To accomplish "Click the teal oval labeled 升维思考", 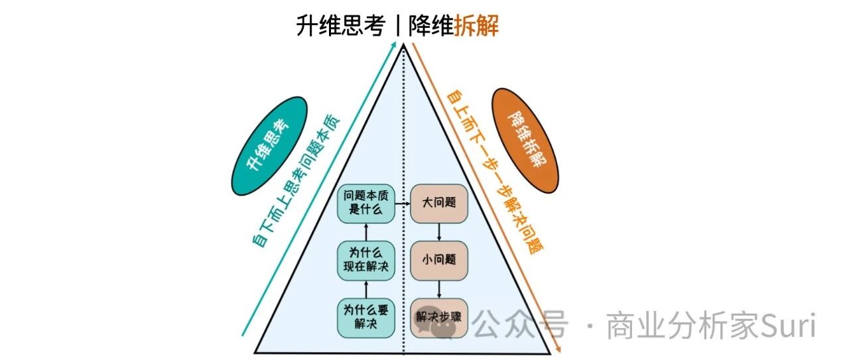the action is pos(269,146).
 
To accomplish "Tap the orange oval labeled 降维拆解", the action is pos(525,141).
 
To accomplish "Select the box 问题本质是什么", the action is pos(365,204).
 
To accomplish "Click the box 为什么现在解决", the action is pos(365,261).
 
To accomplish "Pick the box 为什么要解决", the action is pos(365,318).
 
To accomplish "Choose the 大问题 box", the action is pos(439,204).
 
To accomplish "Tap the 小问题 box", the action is pos(439,261).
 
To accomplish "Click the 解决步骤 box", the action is pos(439,318).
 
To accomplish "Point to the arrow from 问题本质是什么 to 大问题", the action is pos(403,204).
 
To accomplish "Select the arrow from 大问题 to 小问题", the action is pos(439,232).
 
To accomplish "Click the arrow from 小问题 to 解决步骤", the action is pos(439,290).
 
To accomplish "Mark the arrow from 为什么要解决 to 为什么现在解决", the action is pos(365,290).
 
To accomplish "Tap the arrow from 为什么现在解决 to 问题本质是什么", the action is pos(365,232).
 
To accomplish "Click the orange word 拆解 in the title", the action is pos(476,25).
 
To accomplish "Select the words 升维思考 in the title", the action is pos(340,25).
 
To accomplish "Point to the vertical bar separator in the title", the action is pos(397,25).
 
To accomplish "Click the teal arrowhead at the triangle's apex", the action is pos(394,44).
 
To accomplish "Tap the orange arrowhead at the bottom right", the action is pos(558,349).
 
